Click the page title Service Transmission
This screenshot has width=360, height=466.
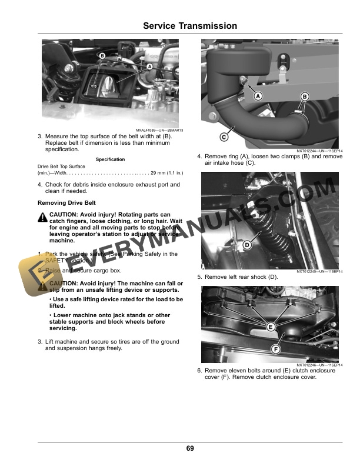pos(190,26)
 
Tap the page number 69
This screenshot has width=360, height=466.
pos(190,449)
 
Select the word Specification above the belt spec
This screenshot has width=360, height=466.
pos(110,159)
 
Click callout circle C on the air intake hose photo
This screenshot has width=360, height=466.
pos(224,137)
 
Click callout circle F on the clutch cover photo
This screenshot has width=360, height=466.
pos(275,349)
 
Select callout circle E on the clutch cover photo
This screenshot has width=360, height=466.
pos(271,327)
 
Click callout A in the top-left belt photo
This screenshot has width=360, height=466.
pos(149,67)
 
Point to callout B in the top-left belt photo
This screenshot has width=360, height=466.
pos(102,56)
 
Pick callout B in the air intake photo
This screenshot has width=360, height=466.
pos(305,96)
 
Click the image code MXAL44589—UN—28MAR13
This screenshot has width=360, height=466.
pos(159,130)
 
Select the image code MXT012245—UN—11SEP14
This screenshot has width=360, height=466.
pos(319,272)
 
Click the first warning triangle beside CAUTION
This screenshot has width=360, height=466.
pos(42,217)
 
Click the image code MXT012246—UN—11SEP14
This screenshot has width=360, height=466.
pos(319,365)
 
